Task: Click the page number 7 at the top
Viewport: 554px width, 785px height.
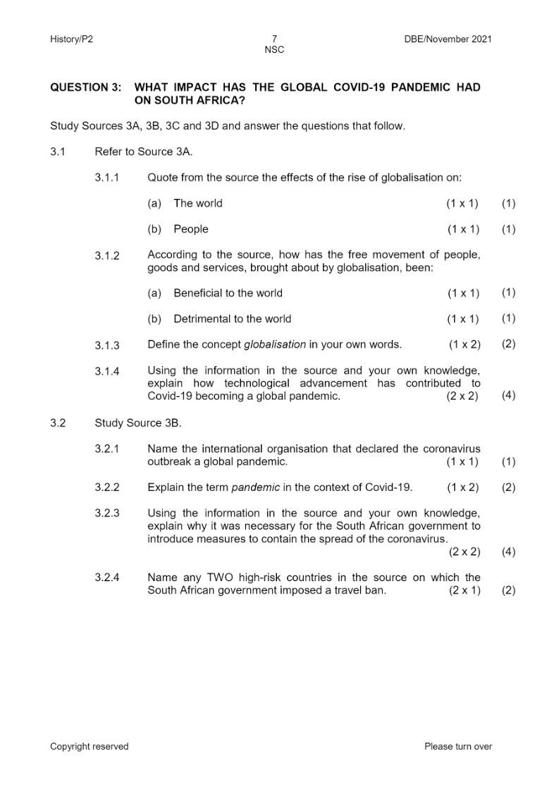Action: pos(274,39)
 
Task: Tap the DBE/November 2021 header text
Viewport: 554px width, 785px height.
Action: pos(448,39)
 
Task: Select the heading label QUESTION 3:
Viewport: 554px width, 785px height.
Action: pos(86,87)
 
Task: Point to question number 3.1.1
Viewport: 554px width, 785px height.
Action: pos(107,178)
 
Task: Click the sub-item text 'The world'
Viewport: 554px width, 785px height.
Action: pos(197,203)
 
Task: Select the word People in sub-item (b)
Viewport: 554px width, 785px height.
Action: pos(191,229)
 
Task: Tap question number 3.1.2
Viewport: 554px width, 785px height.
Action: pos(107,255)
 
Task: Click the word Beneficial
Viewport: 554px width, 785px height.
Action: pos(199,293)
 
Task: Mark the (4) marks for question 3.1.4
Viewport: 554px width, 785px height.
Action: pos(508,395)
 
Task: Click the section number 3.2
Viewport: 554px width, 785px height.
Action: pos(58,423)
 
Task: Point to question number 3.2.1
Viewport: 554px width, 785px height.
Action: pos(107,449)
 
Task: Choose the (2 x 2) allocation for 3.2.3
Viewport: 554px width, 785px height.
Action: pos(463,552)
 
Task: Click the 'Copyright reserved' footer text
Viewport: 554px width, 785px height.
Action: pos(90,746)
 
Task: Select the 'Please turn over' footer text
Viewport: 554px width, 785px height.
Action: pos(458,746)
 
